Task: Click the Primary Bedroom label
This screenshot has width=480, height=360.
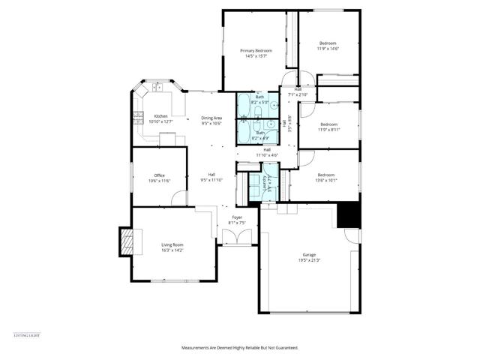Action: click(x=256, y=50)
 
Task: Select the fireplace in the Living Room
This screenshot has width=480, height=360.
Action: click(x=127, y=243)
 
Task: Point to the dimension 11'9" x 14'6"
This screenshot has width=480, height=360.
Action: click(x=328, y=49)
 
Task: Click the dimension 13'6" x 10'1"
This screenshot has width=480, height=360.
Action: click(x=325, y=180)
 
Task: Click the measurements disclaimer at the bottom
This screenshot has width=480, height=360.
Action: click(x=240, y=348)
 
